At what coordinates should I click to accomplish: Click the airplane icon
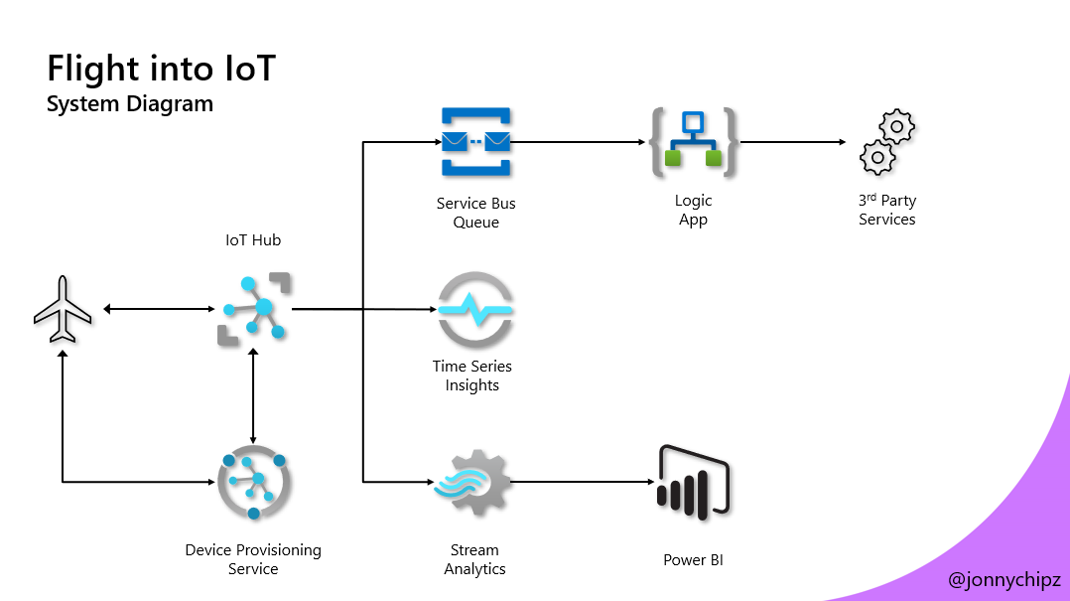tap(63, 309)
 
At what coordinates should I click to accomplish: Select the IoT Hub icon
tap(254, 309)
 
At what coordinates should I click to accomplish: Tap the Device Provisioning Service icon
tap(253, 483)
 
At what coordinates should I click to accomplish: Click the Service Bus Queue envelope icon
tap(475, 143)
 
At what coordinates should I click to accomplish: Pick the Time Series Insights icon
tap(475, 309)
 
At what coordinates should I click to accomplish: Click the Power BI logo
tap(693, 483)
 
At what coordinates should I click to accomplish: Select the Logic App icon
tap(694, 143)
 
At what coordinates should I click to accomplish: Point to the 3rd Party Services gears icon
tap(886, 143)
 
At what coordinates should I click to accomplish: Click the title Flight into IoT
tap(161, 70)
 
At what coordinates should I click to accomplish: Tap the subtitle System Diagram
tap(129, 103)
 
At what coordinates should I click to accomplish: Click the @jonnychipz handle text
tap(1004, 580)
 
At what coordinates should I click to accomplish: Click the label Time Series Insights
tap(472, 376)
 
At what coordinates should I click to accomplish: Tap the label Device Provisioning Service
tap(253, 559)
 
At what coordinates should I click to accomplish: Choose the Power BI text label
tap(693, 560)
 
